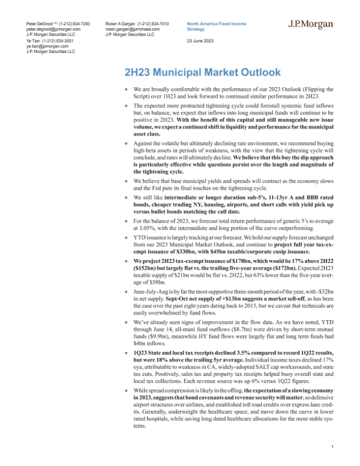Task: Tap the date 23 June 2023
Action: [203, 40]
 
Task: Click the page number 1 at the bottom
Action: [332, 446]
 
